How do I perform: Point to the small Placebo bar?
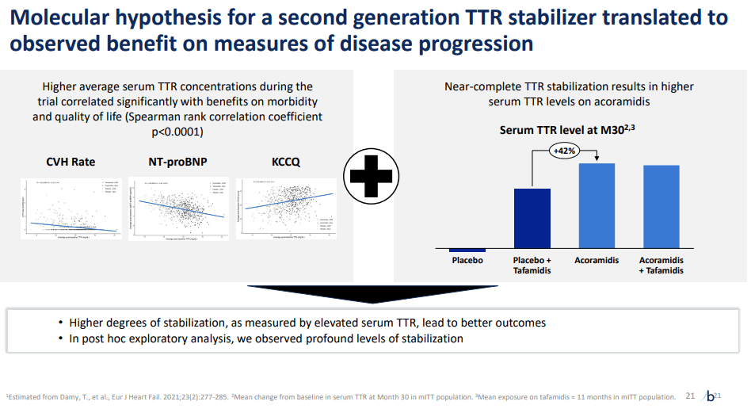(x=467, y=250)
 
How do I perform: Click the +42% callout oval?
(x=563, y=150)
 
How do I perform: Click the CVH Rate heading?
(x=71, y=162)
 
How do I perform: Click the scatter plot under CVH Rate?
(x=71, y=208)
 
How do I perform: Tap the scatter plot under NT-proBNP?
(x=178, y=208)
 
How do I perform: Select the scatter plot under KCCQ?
(x=286, y=208)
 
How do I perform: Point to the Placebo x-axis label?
(x=467, y=260)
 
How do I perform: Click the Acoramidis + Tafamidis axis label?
(x=661, y=265)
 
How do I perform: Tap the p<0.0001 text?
(x=177, y=131)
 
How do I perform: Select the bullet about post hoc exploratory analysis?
(x=266, y=338)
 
